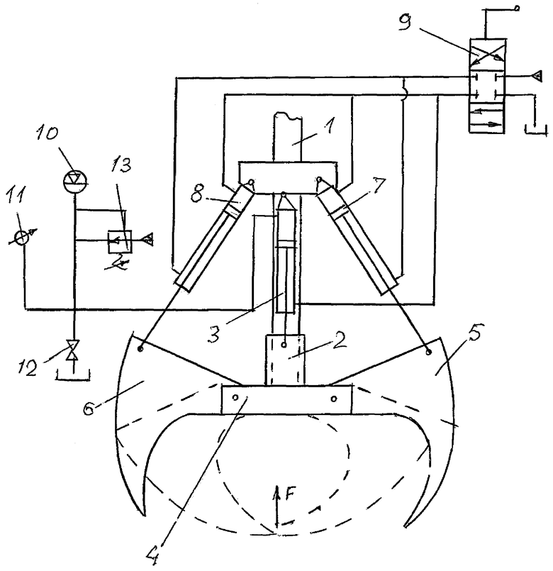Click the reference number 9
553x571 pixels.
(x=405, y=23)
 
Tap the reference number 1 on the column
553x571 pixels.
(x=328, y=128)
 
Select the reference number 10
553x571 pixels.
(x=48, y=133)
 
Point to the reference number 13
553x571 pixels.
(x=121, y=165)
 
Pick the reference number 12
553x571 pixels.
(x=28, y=368)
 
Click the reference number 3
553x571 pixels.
(x=214, y=334)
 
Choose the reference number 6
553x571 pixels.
(x=89, y=407)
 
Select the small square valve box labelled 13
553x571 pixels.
(x=120, y=241)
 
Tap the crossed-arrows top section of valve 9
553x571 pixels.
(x=487, y=52)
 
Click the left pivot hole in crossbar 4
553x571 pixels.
(x=235, y=397)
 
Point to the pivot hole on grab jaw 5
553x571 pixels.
(x=429, y=352)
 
